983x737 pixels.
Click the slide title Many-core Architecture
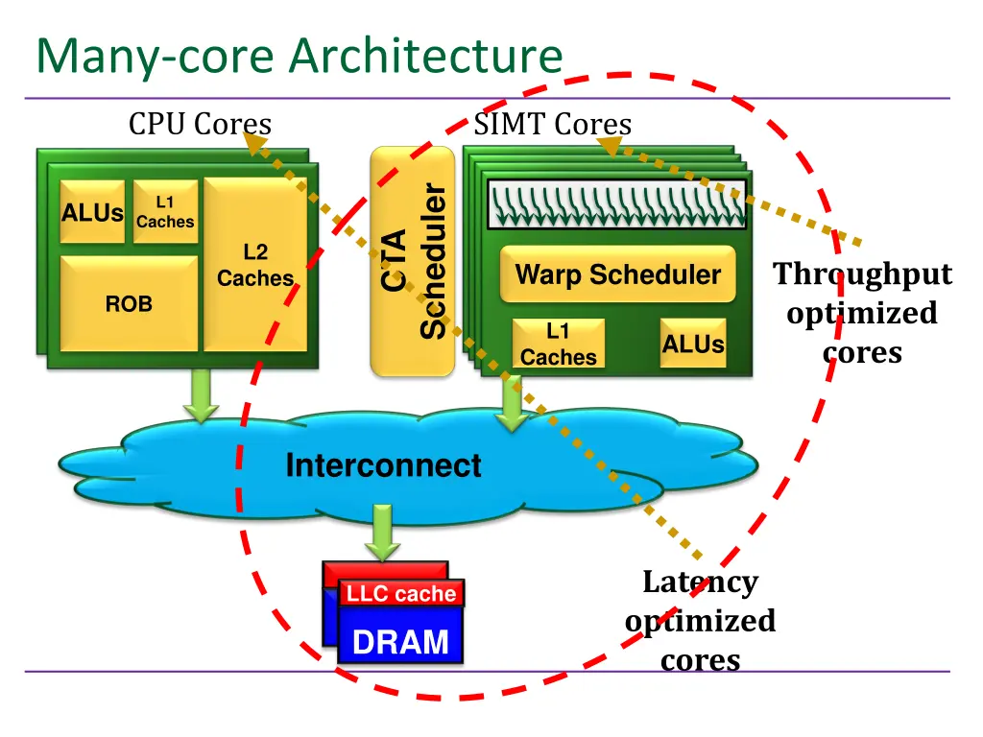[299, 56]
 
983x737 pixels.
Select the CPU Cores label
[200, 124]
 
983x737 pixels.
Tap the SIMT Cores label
[552, 124]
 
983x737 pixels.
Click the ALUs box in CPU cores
[92, 212]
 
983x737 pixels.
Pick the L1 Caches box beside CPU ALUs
[165, 211]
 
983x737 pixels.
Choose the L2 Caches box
[255, 265]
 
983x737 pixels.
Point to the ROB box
[129, 303]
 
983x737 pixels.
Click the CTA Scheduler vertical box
[413, 261]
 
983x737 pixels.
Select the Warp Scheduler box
[618, 274]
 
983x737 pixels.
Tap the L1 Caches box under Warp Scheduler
[558, 344]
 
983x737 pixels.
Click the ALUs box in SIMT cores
[693, 344]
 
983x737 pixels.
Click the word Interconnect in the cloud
[383, 465]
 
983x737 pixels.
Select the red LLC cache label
[401, 594]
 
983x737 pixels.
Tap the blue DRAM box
[400, 641]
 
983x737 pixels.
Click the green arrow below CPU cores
[202, 397]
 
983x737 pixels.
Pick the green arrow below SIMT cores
[513, 405]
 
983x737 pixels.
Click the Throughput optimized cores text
[863, 313]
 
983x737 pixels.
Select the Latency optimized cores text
[700, 621]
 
